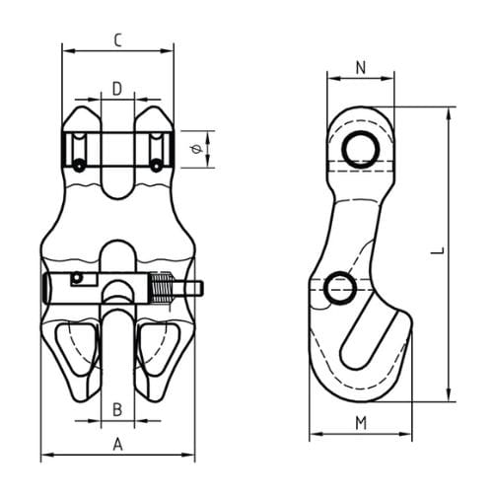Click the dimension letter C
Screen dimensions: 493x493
point(117,40)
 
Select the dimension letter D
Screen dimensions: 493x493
point(116,89)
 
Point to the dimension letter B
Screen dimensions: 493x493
point(116,408)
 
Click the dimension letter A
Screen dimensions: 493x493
point(117,445)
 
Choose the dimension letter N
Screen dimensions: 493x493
point(360,68)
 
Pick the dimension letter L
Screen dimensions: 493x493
point(436,252)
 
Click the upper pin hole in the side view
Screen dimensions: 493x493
point(360,149)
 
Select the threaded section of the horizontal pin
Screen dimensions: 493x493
point(166,289)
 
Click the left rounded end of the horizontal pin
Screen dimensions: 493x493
point(46,289)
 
